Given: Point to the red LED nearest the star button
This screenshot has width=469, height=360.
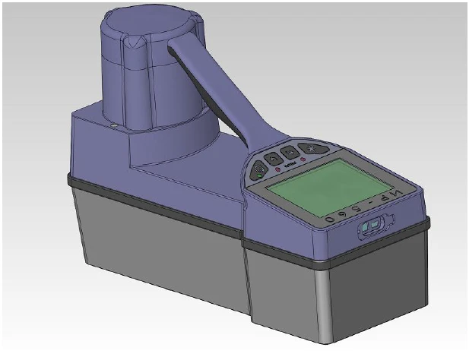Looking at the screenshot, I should point(303,159).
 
